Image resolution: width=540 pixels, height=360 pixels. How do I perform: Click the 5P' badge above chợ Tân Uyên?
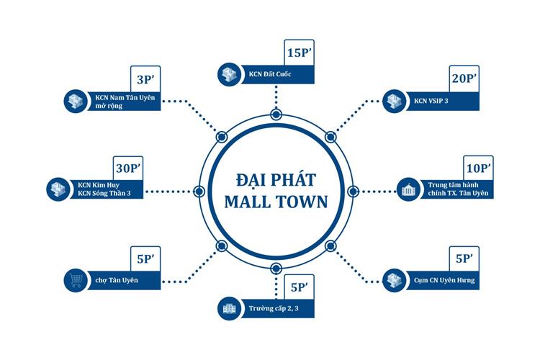pyautogui.click(x=140, y=257)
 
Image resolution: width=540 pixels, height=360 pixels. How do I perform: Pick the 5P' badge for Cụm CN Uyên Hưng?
pyautogui.click(x=464, y=257)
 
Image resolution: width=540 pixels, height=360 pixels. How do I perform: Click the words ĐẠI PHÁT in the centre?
pyautogui.click(x=276, y=179)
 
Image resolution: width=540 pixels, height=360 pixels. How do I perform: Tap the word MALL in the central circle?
pyautogui.click(x=248, y=202)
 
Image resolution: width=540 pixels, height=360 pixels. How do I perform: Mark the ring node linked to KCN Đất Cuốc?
pyautogui.click(x=276, y=114)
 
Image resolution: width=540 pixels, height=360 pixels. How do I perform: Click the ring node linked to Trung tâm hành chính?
pyautogui.click(x=352, y=191)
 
